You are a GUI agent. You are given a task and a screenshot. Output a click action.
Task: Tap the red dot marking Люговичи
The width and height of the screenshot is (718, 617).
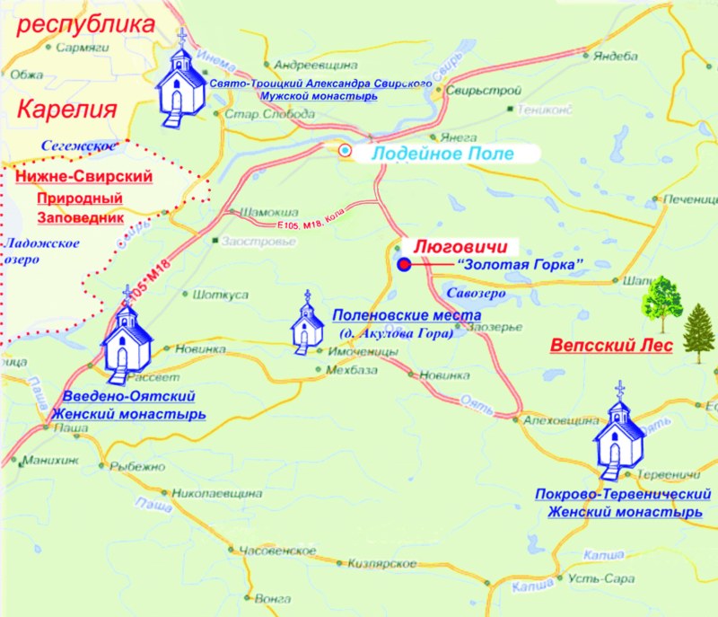404,264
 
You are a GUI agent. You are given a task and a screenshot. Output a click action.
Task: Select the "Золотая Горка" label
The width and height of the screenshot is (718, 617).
521,264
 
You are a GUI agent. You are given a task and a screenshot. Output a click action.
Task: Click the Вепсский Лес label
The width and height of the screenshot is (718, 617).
609,345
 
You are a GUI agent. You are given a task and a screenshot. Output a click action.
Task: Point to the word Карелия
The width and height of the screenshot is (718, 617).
68,110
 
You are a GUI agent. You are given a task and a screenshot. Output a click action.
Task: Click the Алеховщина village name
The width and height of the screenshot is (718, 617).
561,420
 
